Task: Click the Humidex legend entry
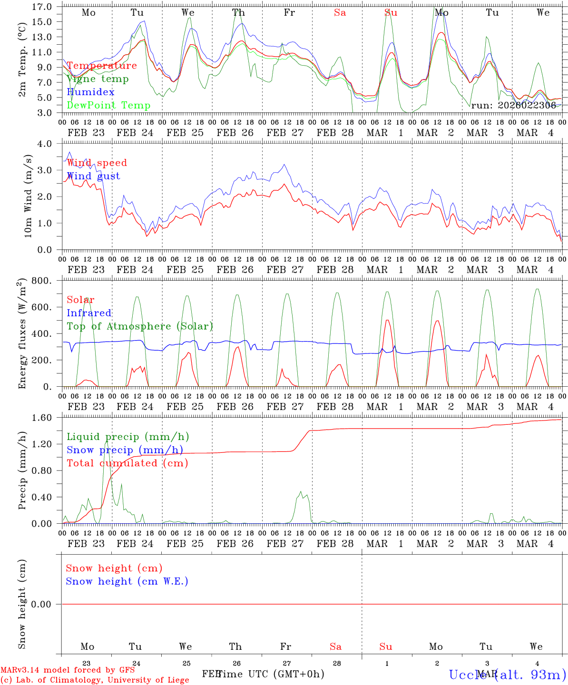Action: click(x=90, y=92)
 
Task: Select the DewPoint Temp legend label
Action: click(x=108, y=105)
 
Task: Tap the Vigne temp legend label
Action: click(x=98, y=79)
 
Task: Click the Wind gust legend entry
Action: click(x=93, y=176)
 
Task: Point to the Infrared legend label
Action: click(x=89, y=313)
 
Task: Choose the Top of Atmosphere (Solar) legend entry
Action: click(x=139, y=326)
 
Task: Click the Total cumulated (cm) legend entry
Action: click(x=127, y=463)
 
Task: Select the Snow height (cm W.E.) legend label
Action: click(x=127, y=581)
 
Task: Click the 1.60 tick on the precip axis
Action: click(x=42, y=418)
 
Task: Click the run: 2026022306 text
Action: click(x=513, y=106)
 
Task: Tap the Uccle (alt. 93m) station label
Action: click(x=507, y=674)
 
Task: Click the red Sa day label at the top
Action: click(x=340, y=13)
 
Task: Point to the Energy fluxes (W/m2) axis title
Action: click(x=22, y=334)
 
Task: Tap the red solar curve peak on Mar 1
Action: click(x=387, y=320)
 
